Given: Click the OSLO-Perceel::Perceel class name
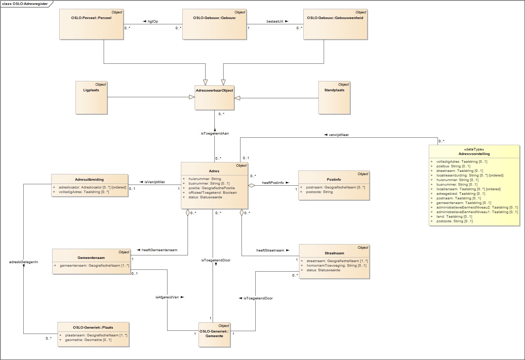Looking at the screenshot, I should (91, 18).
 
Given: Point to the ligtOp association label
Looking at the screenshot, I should (153, 21).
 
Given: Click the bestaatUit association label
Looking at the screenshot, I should (275, 21).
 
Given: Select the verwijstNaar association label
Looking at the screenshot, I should (338, 135).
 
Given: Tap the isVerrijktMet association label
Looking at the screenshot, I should (154, 182).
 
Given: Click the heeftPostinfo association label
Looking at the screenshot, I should (273, 183).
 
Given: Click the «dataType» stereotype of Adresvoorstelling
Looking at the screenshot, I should (474, 149).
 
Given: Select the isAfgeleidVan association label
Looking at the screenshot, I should (167, 297).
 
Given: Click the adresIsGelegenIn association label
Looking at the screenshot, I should (24, 262).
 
